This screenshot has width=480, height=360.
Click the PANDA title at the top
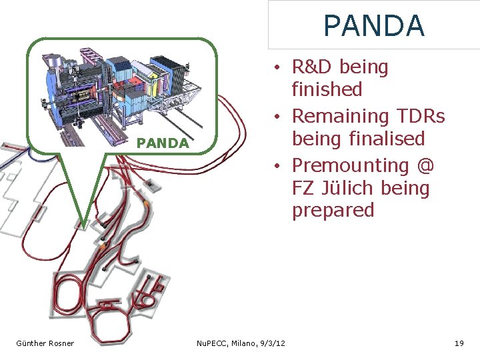point(373,26)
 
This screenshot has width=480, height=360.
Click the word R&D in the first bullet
point(315,67)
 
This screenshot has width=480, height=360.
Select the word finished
point(327,89)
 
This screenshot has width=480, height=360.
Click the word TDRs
point(420,116)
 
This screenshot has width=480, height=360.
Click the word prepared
point(333,211)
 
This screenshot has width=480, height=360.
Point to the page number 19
point(459,343)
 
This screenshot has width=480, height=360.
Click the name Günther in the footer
point(31,343)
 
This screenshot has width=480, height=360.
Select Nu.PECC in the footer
point(212,343)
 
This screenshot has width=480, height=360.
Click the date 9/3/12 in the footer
point(271,343)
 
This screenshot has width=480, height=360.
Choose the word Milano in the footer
point(243,343)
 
